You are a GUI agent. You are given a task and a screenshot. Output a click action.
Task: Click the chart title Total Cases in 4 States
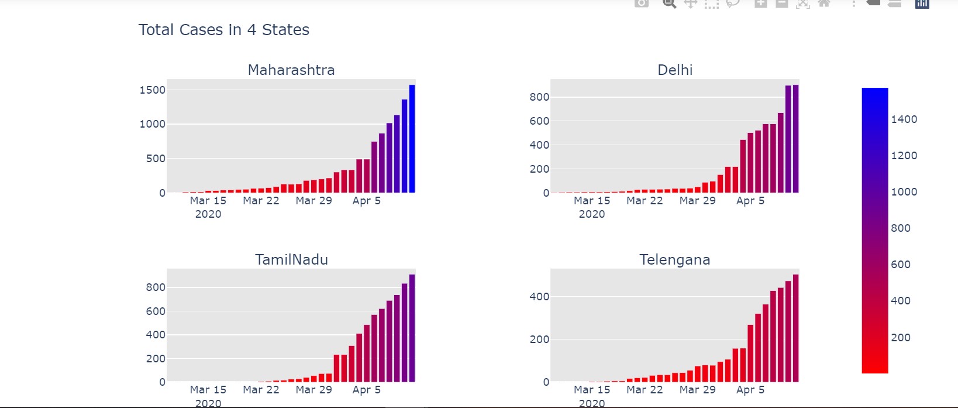point(223,30)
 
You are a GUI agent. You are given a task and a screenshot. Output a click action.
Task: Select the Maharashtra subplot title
point(291,70)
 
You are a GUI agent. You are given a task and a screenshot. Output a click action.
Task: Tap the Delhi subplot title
point(675,70)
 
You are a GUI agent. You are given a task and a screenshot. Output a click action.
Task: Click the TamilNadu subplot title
point(291,260)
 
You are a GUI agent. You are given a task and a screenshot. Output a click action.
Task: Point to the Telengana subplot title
point(674,260)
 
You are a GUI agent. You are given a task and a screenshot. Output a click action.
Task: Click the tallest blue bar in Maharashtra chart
point(412,139)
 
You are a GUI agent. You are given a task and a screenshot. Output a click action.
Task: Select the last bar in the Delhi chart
point(795,139)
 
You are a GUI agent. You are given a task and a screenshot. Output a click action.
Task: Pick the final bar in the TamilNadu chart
point(412,328)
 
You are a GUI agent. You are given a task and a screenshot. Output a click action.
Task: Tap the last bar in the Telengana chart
point(795,328)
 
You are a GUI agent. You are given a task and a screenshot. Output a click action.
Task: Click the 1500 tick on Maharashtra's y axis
point(153,90)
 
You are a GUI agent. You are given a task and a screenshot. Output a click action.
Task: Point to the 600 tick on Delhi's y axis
point(539,121)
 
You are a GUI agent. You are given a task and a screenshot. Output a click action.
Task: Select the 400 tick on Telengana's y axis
point(539,297)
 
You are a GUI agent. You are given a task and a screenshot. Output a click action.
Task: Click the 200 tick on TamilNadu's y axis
point(156,359)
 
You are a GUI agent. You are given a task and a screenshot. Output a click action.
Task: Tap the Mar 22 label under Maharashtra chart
point(261,201)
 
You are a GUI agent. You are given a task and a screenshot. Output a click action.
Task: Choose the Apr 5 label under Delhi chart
point(750,201)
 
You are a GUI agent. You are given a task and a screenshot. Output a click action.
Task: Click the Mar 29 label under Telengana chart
point(697,390)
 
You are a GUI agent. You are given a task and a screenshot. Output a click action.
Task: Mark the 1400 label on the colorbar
point(904,119)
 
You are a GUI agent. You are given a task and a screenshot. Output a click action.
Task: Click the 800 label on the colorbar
point(901,228)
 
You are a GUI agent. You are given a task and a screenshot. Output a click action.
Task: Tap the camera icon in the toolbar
point(642,3)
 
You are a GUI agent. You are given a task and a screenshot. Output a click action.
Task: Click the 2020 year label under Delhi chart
point(591,214)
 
